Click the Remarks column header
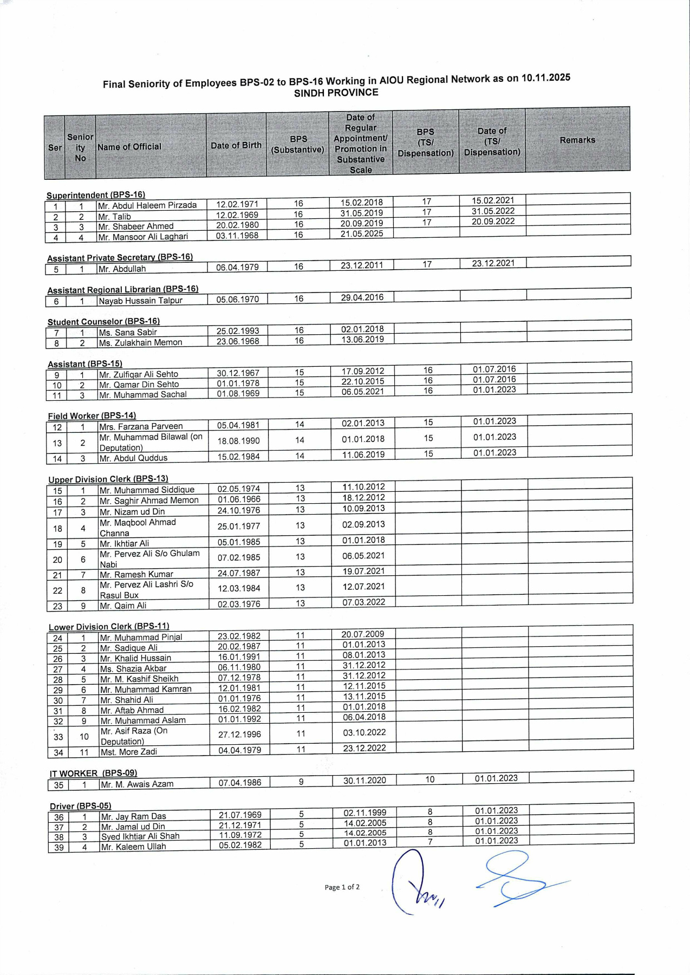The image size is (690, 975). [x=577, y=140]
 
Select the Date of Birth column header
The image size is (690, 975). [x=236, y=145]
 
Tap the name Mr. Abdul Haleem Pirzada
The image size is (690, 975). [x=147, y=205]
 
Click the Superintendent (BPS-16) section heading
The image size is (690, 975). [x=96, y=195]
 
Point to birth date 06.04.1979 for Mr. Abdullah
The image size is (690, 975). [x=237, y=267]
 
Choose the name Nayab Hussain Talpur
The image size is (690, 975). [x=140, y=301]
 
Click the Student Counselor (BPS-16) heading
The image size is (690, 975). [x=103, y=321]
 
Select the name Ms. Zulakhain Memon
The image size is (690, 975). [x=140, y=342]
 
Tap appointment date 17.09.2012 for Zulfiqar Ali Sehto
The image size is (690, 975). [x=363, y=371]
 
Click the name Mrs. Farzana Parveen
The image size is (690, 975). [x=141, y=426]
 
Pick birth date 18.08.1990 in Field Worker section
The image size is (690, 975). [x=238, y=441]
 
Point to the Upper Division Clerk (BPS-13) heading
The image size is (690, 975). [x=108, y=479]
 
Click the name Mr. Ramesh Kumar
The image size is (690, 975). [x=136, y=574]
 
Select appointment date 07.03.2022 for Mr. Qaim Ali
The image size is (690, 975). [x=364, y=602]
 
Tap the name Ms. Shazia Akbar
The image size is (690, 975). [x=133, y=668]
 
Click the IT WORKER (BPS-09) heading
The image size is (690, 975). [x=93, y=773]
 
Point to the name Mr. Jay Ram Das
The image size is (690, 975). [x=133, y=816]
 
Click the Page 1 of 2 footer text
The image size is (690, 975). [x=342, y=887]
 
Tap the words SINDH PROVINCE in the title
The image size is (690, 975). [x=336, y=93]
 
